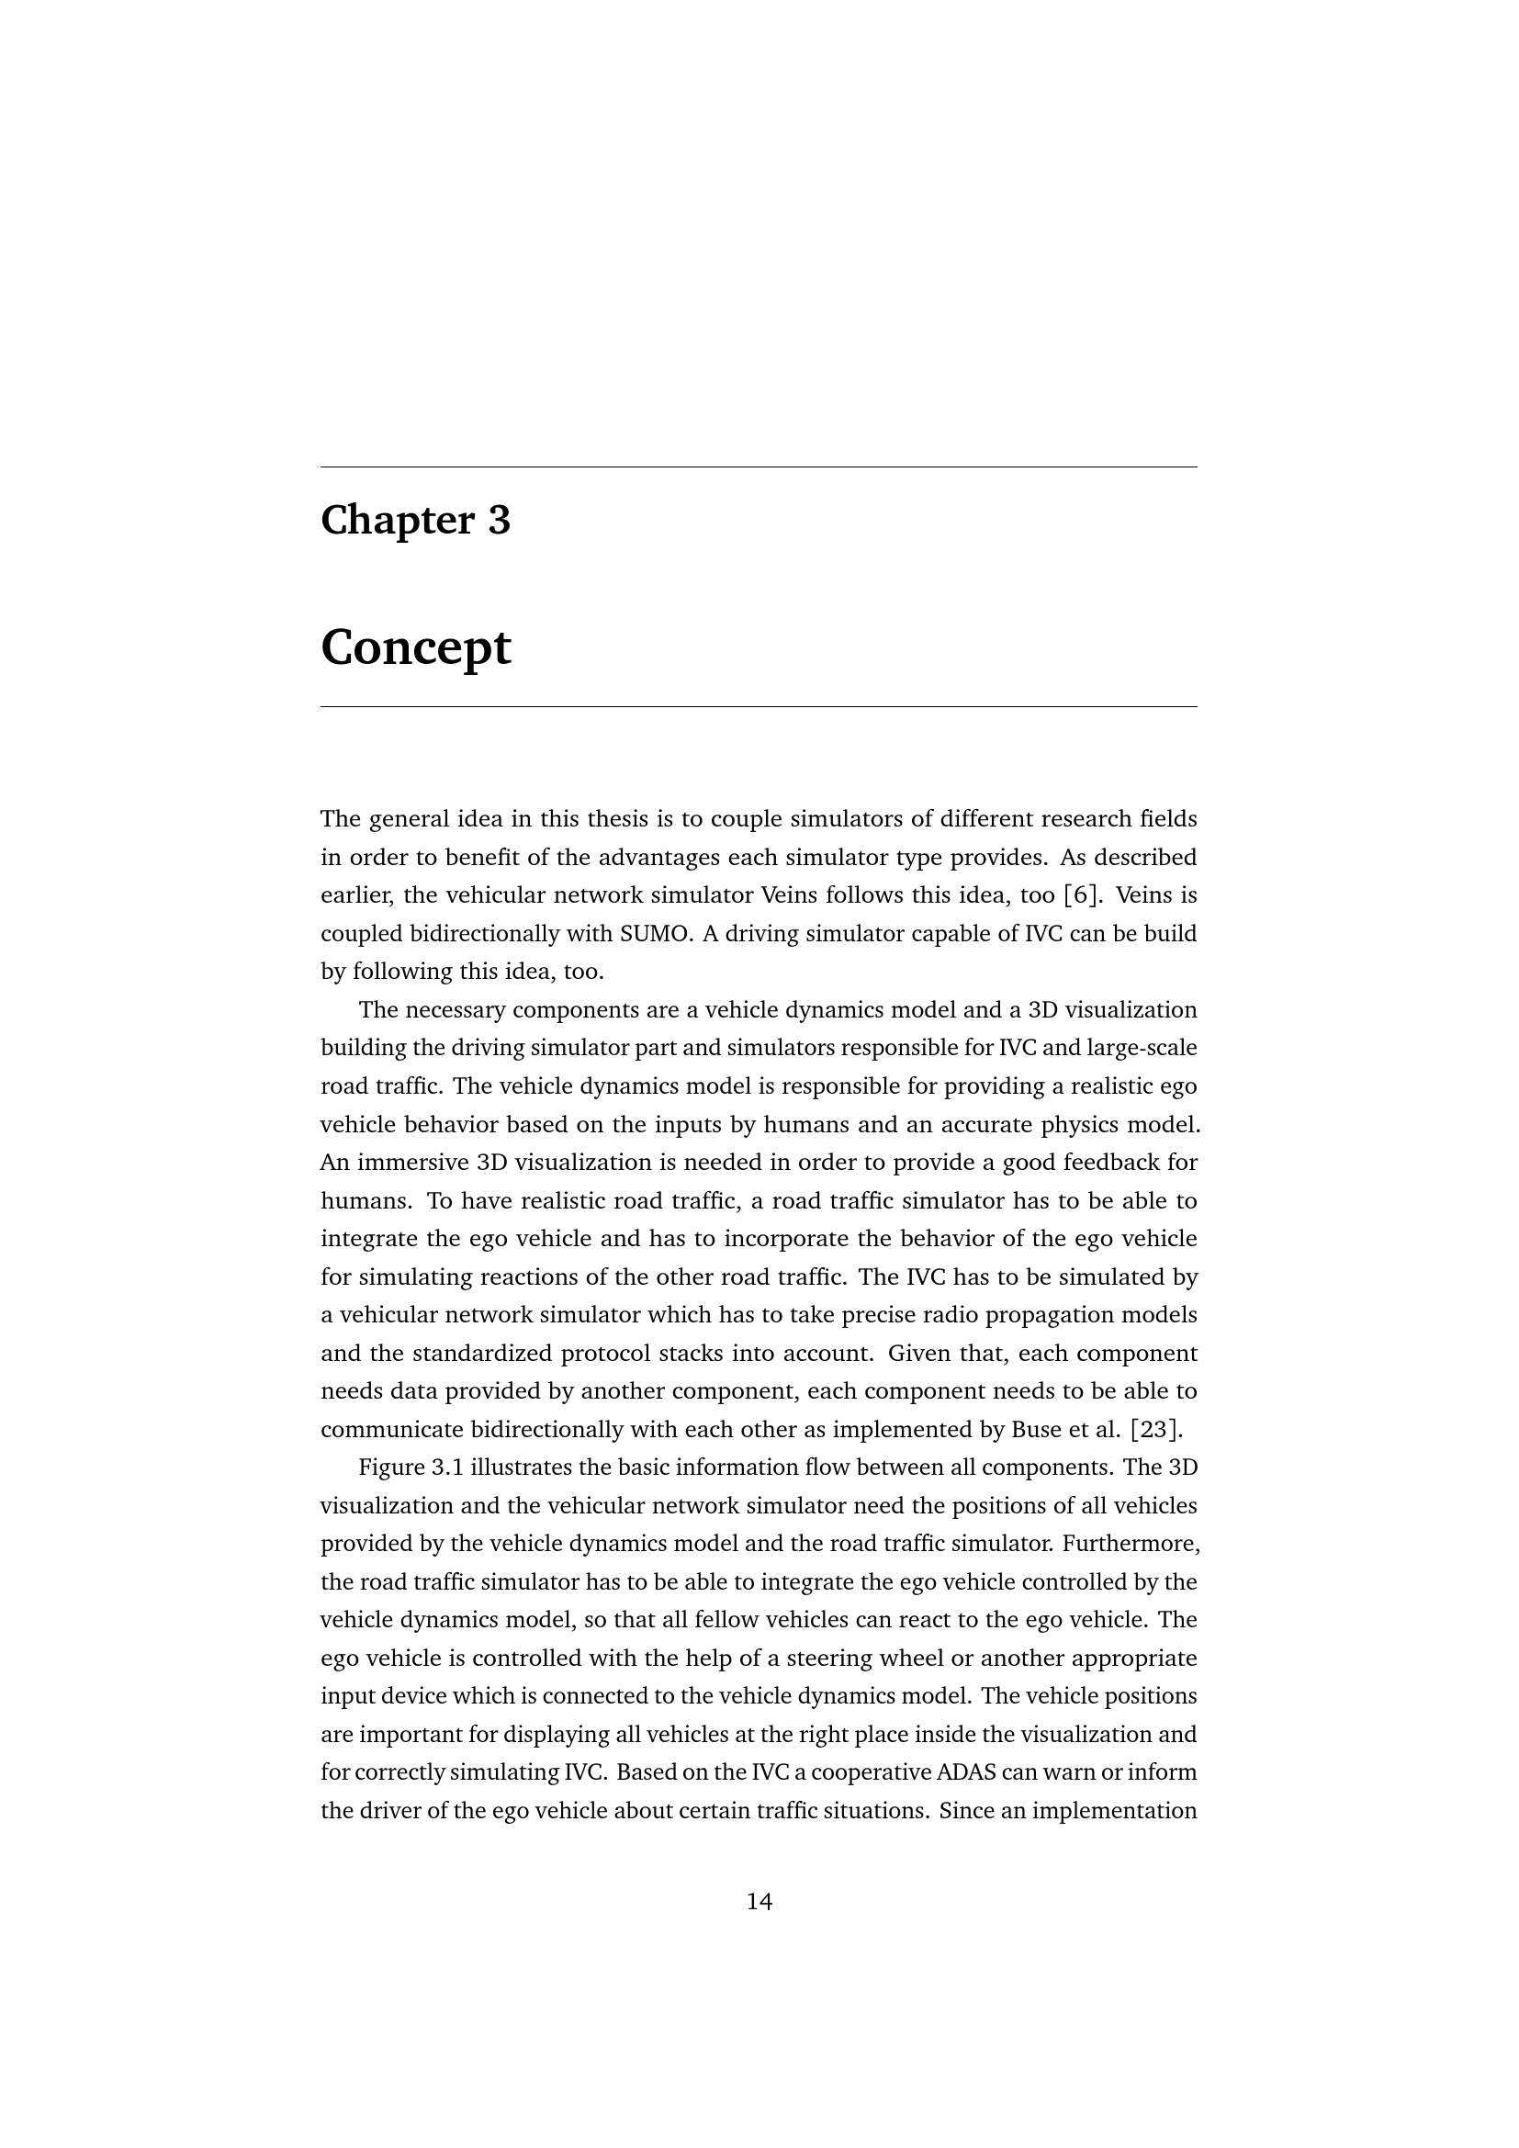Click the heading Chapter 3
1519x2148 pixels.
(415, 520)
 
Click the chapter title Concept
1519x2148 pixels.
(415, 647)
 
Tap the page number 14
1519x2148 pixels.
(759, 1902)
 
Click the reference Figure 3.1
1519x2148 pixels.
(411, 1468)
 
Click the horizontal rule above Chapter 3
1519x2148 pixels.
(759, 467)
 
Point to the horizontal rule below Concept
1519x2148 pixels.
(759, 707)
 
